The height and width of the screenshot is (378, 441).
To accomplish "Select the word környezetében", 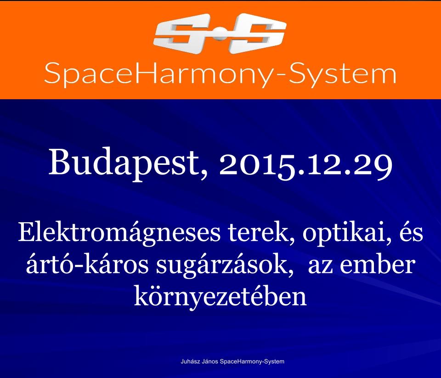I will click(220, 298).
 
